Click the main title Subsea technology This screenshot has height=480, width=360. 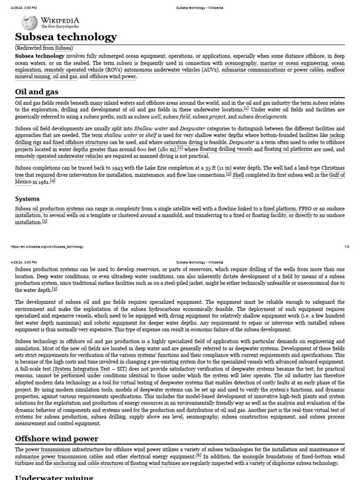click(x=66, y=37)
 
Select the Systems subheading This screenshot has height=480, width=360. click(x=28, y=199)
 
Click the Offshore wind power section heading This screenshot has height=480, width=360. click(x=57, y=439)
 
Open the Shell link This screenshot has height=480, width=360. click(x=238, y=175)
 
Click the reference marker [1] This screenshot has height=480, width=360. click(x=246, y=109)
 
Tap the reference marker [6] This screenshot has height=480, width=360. click(x=198, y=455)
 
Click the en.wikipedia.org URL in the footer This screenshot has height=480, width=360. click(x=45, y=247)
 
